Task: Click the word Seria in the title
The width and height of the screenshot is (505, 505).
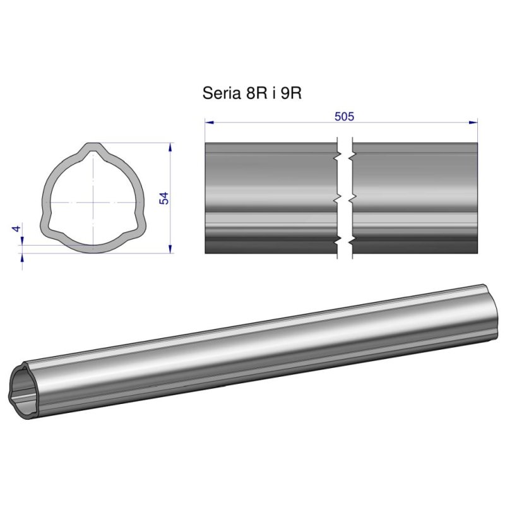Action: (222, 93)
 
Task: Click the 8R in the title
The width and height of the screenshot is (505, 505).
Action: (256, 93)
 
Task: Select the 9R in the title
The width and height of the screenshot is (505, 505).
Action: (291, 93)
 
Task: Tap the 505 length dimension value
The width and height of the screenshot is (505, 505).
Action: (344, 116)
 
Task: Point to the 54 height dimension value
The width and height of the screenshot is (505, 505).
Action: (164, 198)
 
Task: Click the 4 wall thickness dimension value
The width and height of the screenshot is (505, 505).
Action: (16, 229)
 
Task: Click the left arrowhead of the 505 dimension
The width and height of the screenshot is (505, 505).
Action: (210, 122)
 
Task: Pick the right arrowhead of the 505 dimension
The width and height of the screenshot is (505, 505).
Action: (473, 122)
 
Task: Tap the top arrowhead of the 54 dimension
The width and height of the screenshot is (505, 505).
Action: (170, 147)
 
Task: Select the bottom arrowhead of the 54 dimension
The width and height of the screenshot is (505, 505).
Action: (170, 249)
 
